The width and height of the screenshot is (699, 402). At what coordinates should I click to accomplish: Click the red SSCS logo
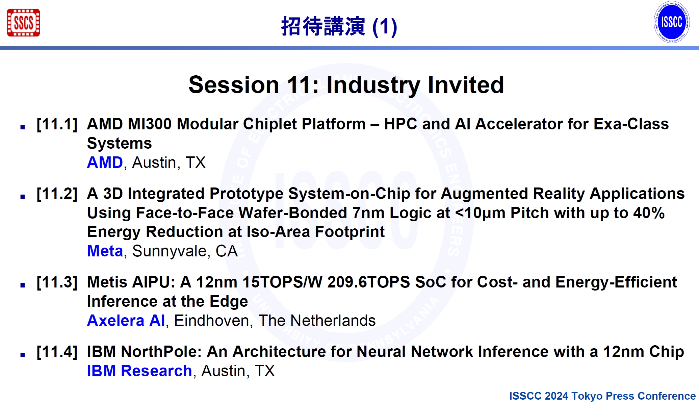23,23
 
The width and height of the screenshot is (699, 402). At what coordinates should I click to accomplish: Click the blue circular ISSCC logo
671,22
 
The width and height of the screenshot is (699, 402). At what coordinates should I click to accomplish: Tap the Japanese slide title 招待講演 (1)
339,26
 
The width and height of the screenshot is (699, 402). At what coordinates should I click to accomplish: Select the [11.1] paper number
57,124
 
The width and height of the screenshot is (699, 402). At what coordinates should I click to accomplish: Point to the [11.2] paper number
57,194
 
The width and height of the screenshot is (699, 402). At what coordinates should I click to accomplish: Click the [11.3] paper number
57,282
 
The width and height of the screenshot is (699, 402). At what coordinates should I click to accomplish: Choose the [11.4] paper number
57,352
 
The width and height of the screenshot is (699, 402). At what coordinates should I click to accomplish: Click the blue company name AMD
105,162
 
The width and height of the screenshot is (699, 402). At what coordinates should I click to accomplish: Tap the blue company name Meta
105,251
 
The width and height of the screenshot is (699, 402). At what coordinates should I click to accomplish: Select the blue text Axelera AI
126,321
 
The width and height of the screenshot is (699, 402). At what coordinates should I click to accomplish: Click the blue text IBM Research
139,371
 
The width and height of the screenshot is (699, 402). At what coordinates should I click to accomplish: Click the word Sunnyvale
169,251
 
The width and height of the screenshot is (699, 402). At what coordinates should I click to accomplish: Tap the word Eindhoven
211,321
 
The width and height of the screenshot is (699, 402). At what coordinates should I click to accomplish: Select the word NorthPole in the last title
161,352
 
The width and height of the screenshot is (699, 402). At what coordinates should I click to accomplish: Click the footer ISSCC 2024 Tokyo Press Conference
602,396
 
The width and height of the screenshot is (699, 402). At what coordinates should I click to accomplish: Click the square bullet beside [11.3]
23,285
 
